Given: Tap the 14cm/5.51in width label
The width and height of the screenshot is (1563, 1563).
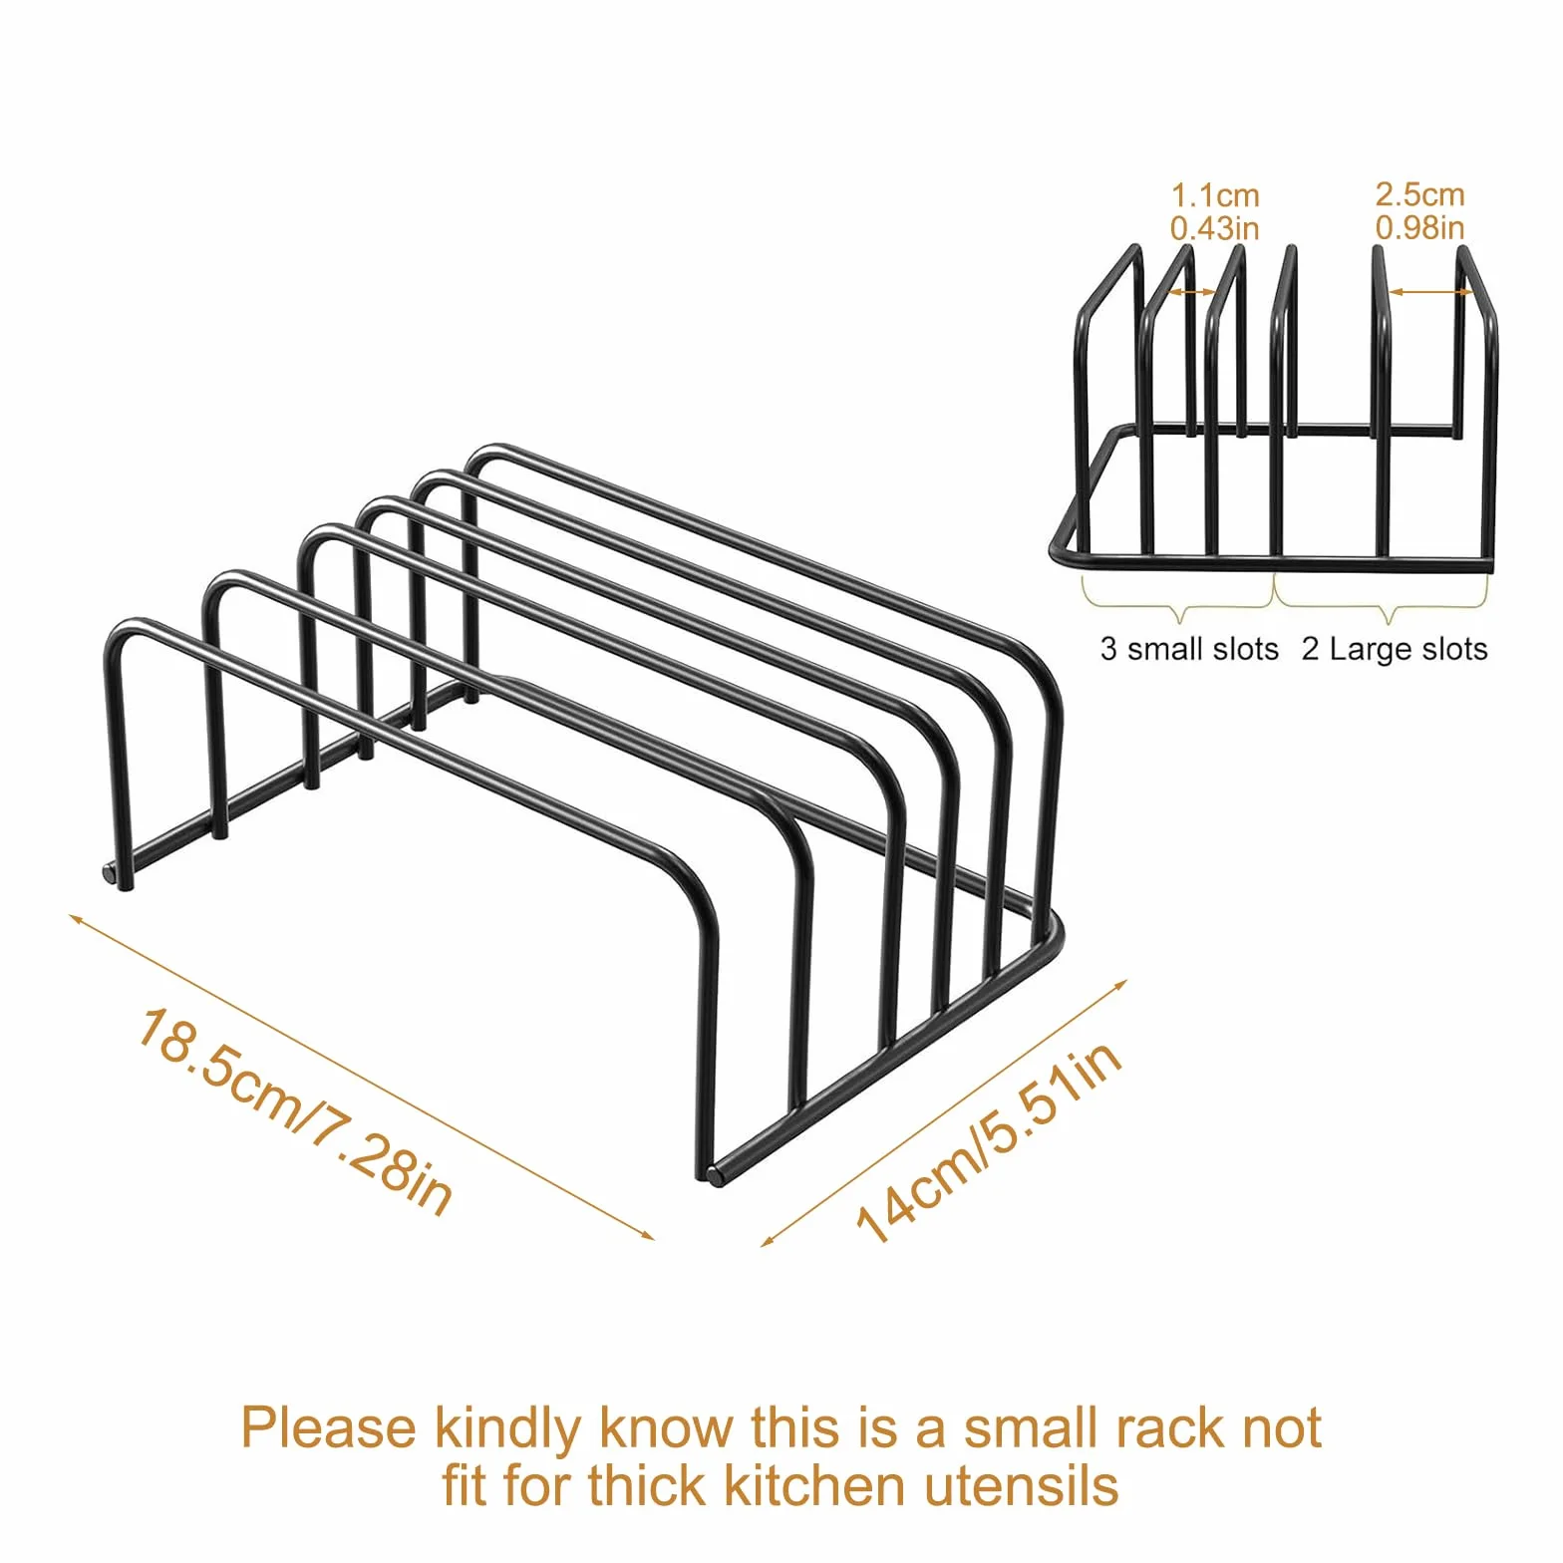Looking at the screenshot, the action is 990,1141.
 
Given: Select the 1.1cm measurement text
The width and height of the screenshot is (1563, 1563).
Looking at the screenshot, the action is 1215,195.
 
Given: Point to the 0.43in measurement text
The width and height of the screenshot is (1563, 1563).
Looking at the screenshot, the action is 1215,228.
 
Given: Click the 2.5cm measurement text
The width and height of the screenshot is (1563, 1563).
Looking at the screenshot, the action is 1420,194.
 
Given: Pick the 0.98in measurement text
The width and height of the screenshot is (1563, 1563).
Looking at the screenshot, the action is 1420,227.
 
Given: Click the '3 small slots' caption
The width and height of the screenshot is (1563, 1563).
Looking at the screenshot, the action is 1189,649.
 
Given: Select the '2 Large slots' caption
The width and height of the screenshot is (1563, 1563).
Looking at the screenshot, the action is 1395,649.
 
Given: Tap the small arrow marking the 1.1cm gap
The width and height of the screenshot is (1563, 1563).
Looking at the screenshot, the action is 1192,292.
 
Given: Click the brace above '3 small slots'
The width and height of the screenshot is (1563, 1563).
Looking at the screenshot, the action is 1178,604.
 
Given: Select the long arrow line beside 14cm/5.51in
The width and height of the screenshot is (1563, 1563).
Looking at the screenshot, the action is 944,1113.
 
